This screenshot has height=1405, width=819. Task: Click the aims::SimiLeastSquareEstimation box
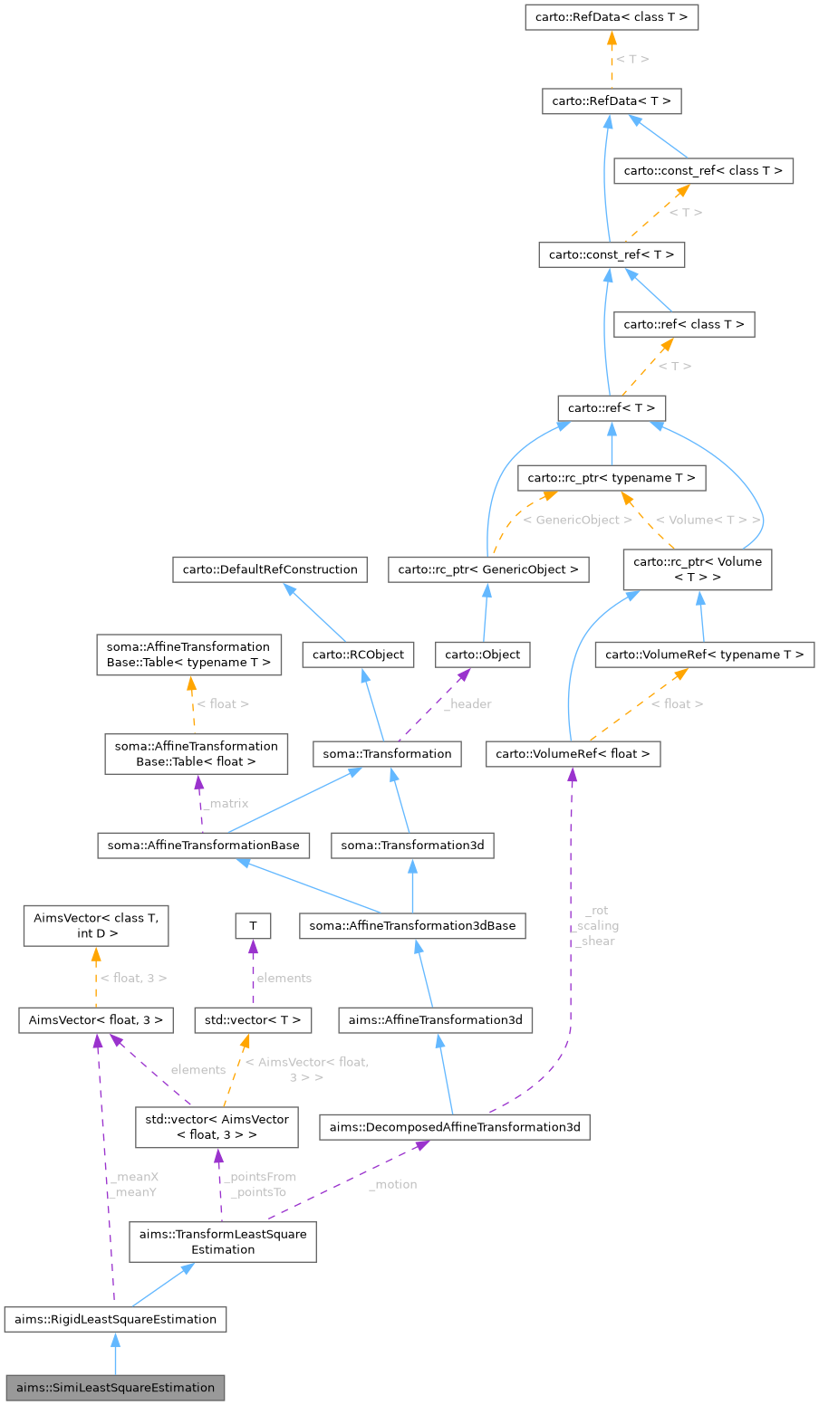point(115,1387)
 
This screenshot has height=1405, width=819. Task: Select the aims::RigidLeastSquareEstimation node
point(115,1319)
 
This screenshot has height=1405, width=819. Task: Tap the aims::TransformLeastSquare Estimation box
point(223,1241)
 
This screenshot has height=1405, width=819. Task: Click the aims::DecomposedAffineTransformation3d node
point(455,1127)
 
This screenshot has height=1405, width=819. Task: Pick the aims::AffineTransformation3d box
point(436,1020)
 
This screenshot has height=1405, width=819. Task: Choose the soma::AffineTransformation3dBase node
point(412,926)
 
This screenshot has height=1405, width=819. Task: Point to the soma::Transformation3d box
point(412,846)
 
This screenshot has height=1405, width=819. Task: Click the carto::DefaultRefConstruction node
point(270,569)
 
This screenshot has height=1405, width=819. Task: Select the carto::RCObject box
point(359,655)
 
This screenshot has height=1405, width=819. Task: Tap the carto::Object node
point(482,655)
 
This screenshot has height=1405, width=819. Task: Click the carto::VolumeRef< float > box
point(573,753)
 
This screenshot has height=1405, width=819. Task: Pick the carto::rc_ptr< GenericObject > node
point(488,569)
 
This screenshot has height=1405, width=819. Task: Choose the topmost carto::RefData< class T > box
point(612,17)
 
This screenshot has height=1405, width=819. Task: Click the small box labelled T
point(253,926)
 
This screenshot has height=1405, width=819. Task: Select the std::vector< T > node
point(253,1020)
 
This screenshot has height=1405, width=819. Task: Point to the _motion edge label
point(393,1184)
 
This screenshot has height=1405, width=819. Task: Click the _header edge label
point(467,704)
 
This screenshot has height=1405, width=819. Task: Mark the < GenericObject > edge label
point(578,521)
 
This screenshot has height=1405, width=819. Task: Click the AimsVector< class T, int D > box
point(96,925)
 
